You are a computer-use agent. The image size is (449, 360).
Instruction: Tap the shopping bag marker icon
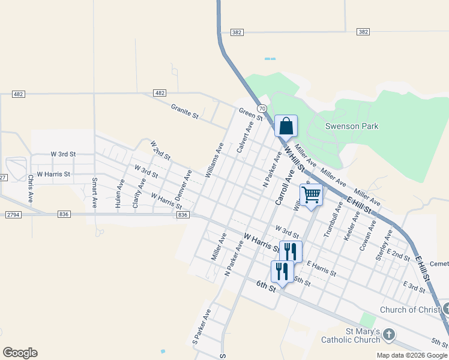coord(286,125)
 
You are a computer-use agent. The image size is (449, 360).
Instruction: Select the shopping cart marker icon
coord(311,194)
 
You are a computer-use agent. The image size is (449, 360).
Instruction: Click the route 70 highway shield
coord(262,108)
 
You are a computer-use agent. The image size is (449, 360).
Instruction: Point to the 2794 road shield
coord(13,214)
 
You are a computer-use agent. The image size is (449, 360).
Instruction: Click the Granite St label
coord(184,111)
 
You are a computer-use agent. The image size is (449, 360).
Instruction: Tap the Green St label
coord(251,114)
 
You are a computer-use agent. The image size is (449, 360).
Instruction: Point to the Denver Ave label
coord(183,185)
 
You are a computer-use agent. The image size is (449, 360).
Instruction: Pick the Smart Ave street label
coord(95,193)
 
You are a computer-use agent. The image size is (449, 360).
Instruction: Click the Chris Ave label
coord(30,188)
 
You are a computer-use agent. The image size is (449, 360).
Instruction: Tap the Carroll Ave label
coord(284,187)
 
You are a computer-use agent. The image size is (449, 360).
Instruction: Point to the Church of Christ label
coord(410,310)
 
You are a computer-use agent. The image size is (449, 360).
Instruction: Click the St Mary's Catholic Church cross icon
coord(389,334)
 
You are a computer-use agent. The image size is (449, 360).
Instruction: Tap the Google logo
coord(20,353)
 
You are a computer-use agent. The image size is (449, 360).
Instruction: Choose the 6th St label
coord(265,286)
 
